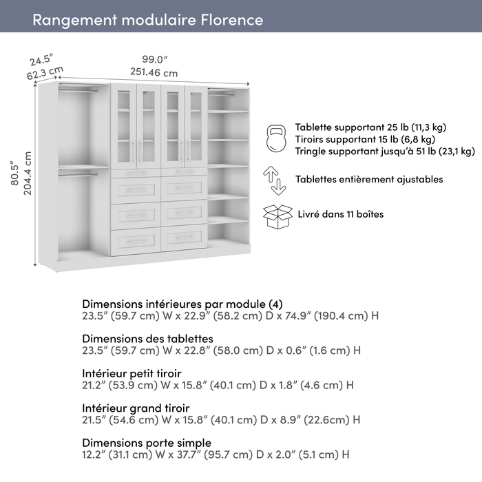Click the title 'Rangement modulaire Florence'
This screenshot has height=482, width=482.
[x=147, y=19]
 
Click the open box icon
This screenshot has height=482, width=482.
[x=277, y=216]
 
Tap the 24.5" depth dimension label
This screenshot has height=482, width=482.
[x=41, y=60]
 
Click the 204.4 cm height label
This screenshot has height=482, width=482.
[x=28, y=173]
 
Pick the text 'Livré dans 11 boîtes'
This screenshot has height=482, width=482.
[x=339, y=214]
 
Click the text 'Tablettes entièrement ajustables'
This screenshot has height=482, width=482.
[x=368, y=180]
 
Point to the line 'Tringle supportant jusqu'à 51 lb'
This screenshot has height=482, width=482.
[x=384, y=151]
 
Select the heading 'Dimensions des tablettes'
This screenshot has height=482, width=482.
[x=147, y=339]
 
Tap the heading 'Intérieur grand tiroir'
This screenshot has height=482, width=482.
[x=136, y=408]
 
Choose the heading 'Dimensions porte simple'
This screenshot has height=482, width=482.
[x=147, y=443]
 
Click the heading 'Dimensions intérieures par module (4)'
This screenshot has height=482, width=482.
[x=182, y=304]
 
